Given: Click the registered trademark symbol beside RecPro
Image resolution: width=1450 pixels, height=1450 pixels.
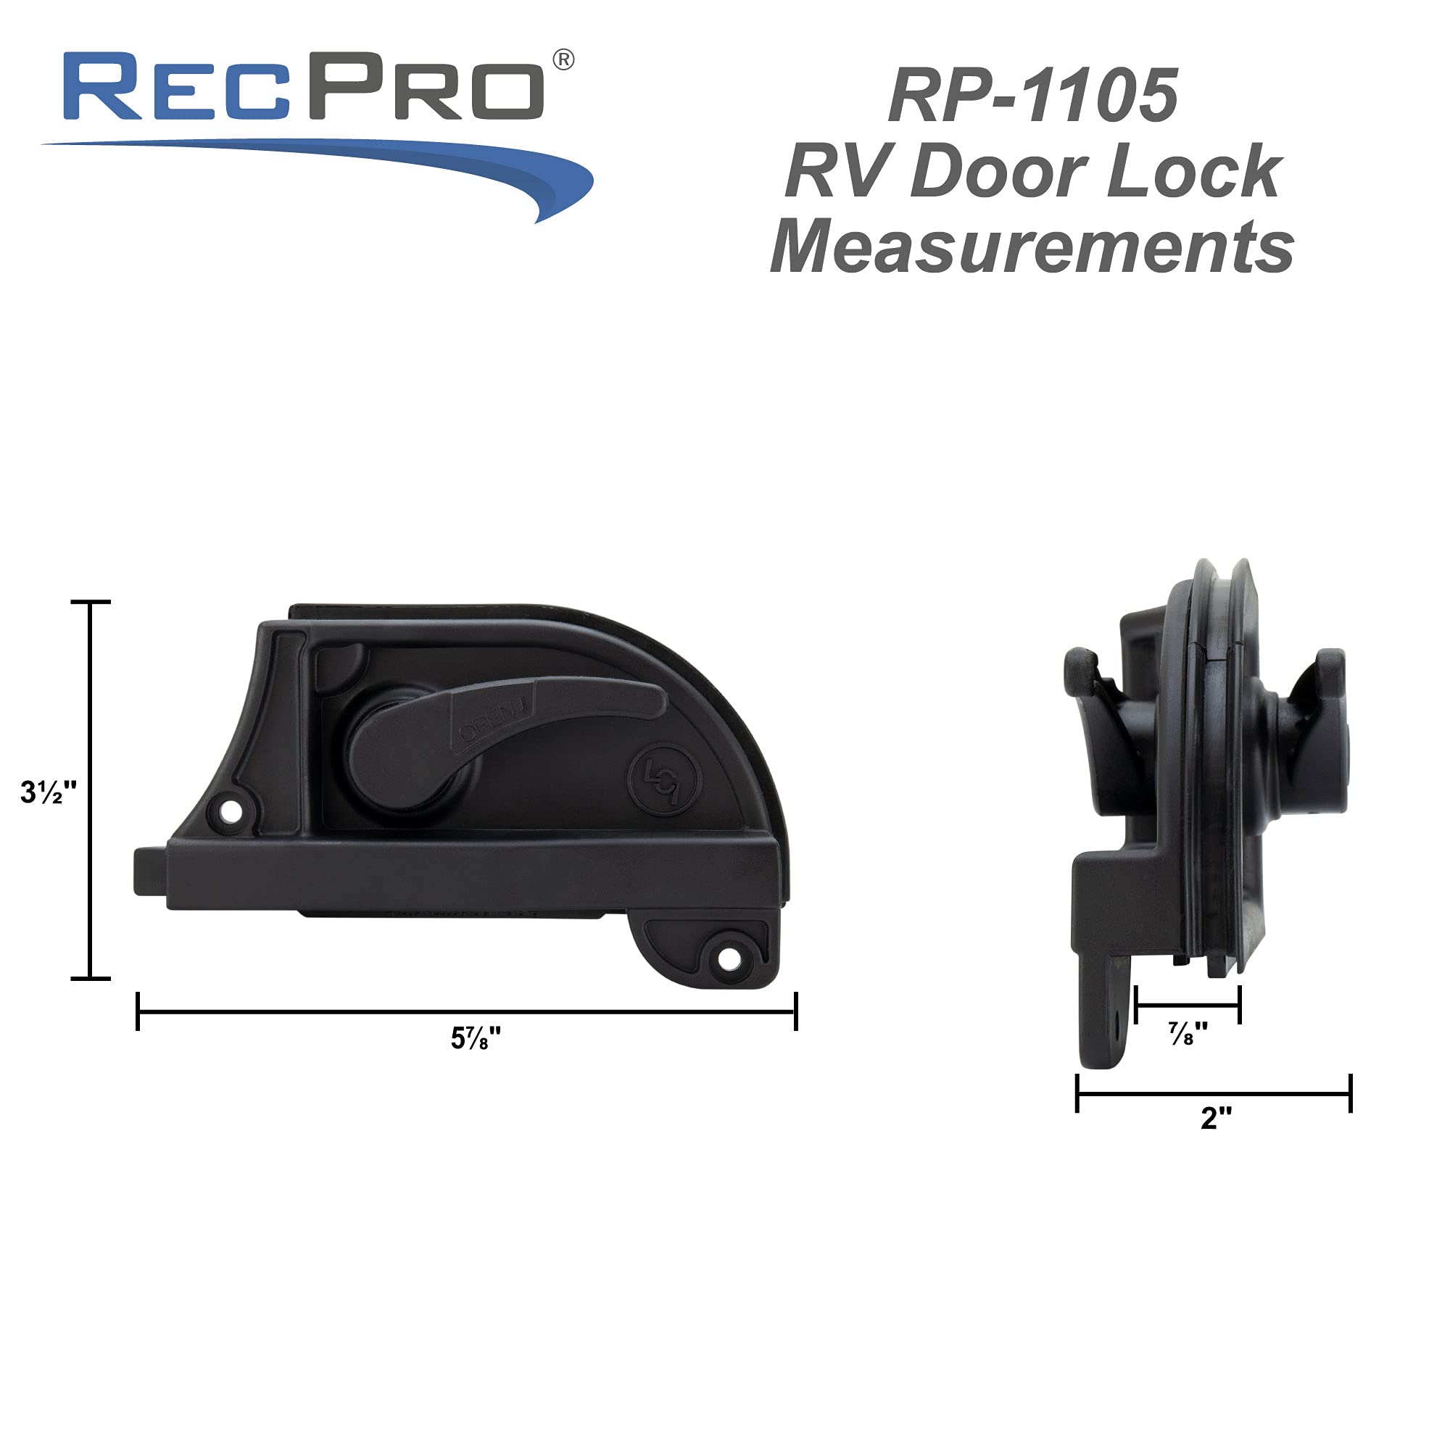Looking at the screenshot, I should tap(563, 60).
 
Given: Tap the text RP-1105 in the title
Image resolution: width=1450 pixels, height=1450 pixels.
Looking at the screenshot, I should tap(1032, 96).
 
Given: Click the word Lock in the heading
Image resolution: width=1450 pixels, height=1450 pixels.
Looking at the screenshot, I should tap(1194, 172).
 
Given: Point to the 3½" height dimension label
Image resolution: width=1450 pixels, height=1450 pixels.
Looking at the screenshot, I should tap(48, 792).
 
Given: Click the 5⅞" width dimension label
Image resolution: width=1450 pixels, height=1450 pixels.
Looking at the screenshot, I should tap(475, 1039).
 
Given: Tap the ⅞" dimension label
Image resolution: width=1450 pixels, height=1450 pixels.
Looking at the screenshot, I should tap(1188, 1035).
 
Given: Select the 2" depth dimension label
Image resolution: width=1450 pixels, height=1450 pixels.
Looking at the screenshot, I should tap(1216, 1117).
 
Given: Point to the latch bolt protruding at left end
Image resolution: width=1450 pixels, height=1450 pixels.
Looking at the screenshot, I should tap(149, 871).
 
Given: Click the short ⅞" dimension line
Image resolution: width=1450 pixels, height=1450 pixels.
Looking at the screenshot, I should tap(1188, 1005).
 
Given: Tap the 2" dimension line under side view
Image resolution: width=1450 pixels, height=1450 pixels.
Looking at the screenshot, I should tap(1214, 1093).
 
